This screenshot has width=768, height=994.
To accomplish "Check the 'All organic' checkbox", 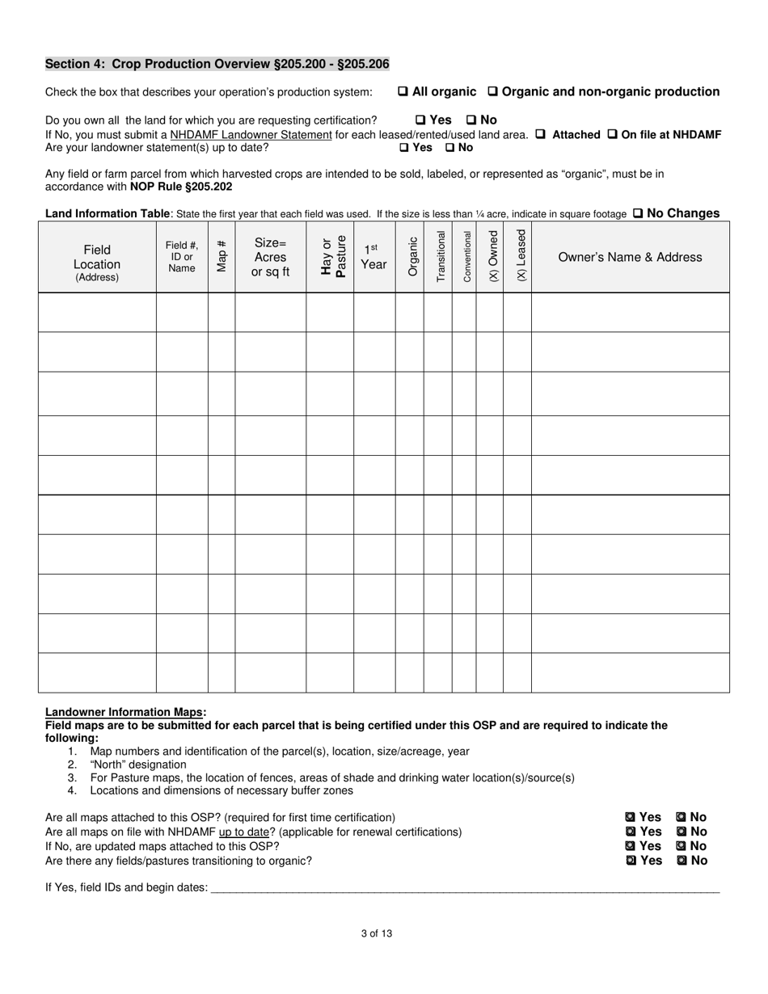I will pos(403,92).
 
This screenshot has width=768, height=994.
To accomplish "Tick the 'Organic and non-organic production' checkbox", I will pos(492,92).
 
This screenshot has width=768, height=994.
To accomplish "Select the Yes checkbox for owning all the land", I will pos(420,120).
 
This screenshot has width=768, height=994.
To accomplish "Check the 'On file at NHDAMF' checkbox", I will pos(612,135).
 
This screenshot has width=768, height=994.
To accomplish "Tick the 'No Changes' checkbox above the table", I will pos(637,214).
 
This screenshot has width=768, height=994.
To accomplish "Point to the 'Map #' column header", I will pos(222,257).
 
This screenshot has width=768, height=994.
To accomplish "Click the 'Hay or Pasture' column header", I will pos(330,257).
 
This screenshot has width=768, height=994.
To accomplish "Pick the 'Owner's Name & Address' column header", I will pos(630,257).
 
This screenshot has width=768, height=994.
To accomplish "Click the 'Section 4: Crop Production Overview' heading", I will pos(217,64).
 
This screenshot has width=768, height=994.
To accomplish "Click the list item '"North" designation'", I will pos(137,764).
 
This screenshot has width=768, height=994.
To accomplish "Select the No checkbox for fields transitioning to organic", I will pos(681,861).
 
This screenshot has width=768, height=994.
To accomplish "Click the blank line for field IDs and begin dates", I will pos(464,887).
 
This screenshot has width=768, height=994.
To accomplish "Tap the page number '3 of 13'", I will pos(377,934).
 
